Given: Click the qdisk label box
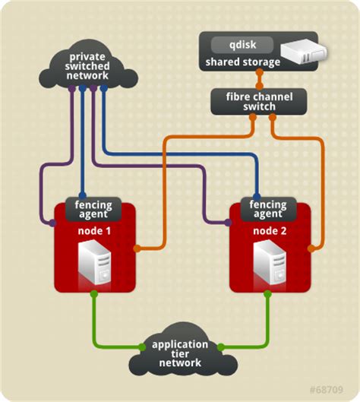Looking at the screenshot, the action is pyautogui.click(x=242, y=45).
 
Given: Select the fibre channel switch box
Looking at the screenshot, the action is pyautogui.click(x=259, y=102).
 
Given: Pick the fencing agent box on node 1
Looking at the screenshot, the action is pyautogui.click(x=93, y=209).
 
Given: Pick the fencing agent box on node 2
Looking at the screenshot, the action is pyautogui.click(x=268, y=209).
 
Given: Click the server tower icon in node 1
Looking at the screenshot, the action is pyautogui.click(x=94, y=262).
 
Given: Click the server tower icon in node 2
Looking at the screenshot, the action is pyautogui.click(x=270, y=262).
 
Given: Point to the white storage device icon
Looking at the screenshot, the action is pyautogui.click(x=304, y=52).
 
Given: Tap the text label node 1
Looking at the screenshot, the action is pyautogui.click(x=94, y=231).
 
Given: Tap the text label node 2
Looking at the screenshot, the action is pyautogui.click(x=270, y=231).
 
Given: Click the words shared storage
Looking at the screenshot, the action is pyautogui.click(x=242, y=62).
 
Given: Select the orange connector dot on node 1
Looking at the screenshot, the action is pyautogui.click(x=137, y=248).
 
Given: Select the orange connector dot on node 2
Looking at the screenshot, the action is pyautogui.click(x=311, y=248).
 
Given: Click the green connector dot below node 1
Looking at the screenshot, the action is pyautogui.click(x=94, y=294).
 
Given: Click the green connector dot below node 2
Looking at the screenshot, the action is pyautogui.click(x=267, y=294).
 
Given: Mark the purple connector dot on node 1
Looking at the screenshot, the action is pyautogui.click(x=52, y=223).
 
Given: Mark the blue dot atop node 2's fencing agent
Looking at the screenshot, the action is pyautogui.click(x=257, y=197).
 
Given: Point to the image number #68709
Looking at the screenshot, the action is pyautogui.click(x=326, y=390).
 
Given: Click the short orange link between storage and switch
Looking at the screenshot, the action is pyautogui.click(x=260, y=79).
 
